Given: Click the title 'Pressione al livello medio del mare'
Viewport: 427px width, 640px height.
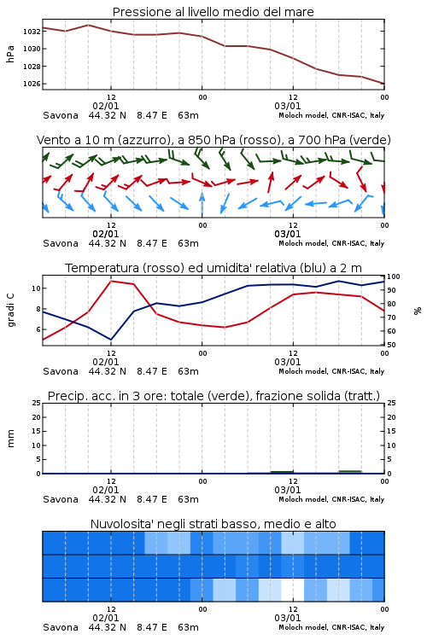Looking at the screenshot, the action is tap(213, 12).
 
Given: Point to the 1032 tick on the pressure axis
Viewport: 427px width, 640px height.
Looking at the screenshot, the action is tap(32, 31).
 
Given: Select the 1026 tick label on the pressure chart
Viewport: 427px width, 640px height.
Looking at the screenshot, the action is tap(32, 84).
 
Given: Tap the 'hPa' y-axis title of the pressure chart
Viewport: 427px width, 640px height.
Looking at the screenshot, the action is tap(10, 54).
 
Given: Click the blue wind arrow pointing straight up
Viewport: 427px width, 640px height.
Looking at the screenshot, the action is tap(202, 204).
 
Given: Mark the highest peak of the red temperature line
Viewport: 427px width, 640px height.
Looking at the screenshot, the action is tap(111, 281).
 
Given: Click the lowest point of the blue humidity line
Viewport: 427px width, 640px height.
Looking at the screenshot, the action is tap(111, 340).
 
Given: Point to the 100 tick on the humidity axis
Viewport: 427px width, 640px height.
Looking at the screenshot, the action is tap(394, 276).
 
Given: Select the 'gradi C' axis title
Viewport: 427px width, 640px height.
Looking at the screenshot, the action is tap(10, 310).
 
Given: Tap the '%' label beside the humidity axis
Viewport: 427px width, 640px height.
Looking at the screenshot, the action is tap(418, 311).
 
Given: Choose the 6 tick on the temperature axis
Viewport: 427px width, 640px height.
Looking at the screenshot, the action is tap(38, 329).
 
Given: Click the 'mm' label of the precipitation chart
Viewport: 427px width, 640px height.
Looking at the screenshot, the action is tap(10, 439).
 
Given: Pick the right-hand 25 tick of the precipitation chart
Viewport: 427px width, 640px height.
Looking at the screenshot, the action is tap(391, 403).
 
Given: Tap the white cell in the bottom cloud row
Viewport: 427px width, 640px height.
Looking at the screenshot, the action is tap(293, 590).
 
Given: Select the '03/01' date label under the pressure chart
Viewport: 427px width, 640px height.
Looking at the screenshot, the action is tap(288, 106).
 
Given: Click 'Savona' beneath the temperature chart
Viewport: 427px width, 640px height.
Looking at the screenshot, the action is tap(61, 371).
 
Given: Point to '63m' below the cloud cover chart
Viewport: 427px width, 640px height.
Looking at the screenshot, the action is tap(189, 627).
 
